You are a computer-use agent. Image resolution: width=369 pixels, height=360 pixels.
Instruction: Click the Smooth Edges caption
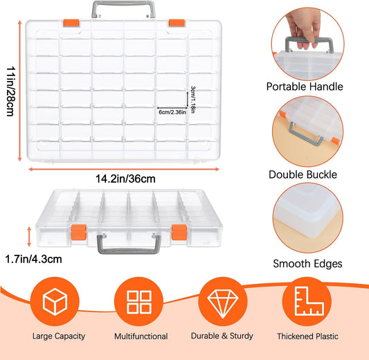[308, 264]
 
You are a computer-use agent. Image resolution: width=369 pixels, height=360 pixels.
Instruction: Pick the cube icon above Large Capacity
[55, 302]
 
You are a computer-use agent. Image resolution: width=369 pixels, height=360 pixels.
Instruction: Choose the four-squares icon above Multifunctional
[138, 302]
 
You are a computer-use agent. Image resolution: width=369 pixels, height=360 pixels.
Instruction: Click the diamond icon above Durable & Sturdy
[222, 302]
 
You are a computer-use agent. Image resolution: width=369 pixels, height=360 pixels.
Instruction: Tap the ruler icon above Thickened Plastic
[307, 302]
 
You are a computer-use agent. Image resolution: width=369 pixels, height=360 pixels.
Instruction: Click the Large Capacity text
[59, 336]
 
